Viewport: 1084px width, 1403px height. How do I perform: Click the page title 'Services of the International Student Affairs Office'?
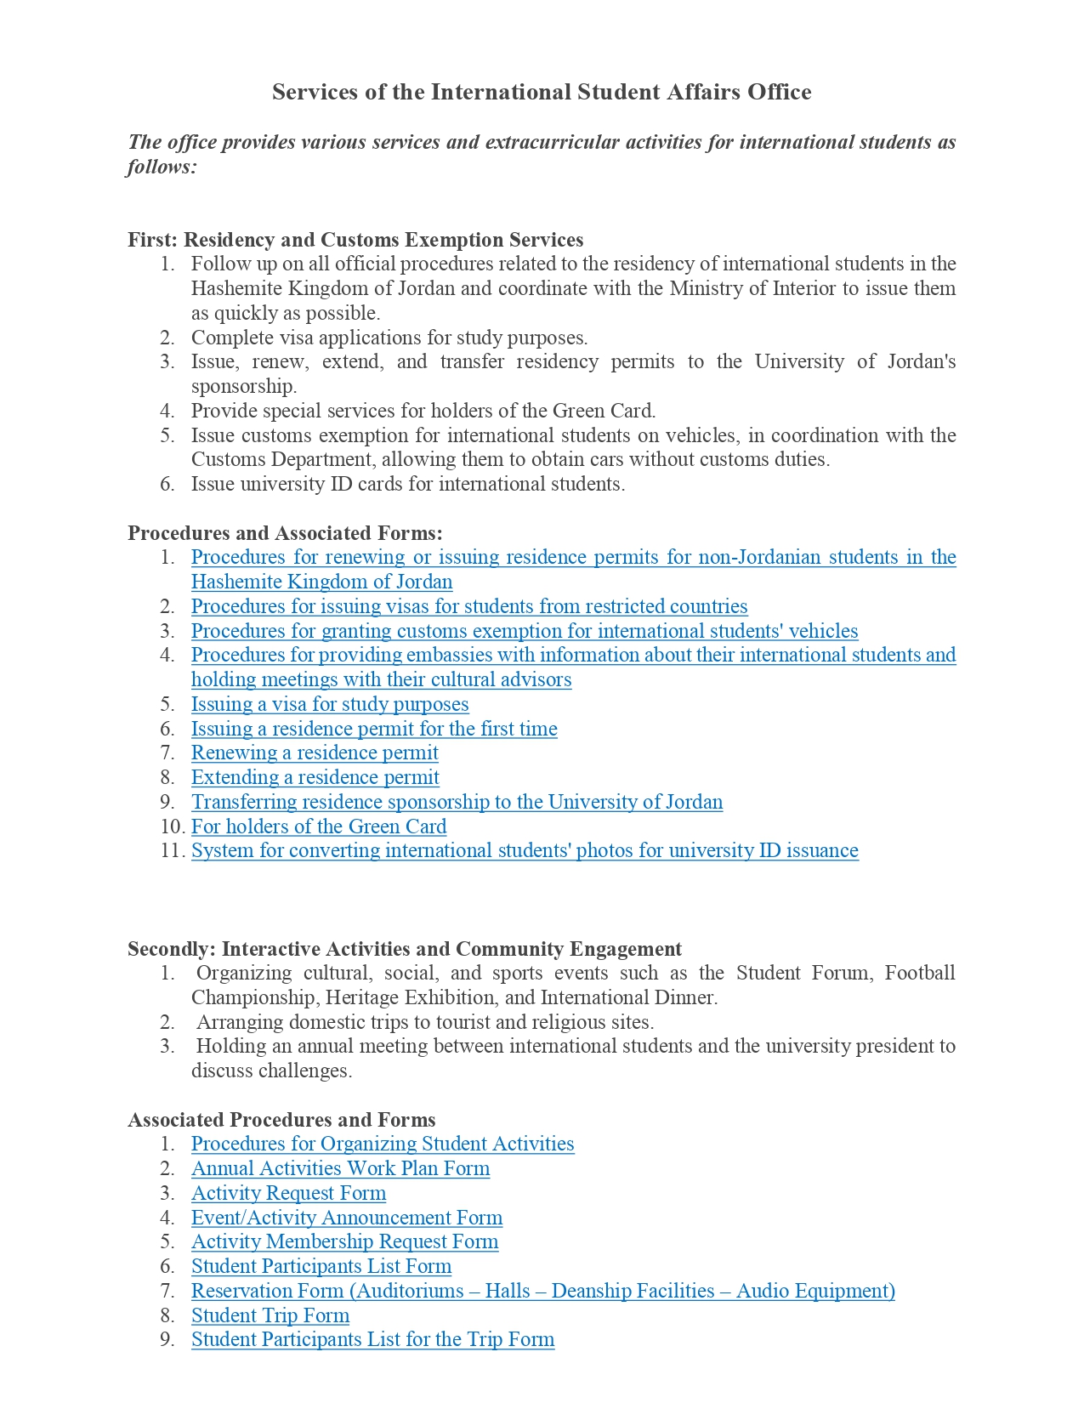(x=542, y=92)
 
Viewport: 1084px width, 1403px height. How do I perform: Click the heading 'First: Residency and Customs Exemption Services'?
(x=355, y=240)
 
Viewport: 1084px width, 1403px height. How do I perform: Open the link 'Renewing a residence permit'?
(x=315, y=753)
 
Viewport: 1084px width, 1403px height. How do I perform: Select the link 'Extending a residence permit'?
(x=315, y=777)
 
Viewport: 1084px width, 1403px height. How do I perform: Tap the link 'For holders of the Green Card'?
(x=319, y=826)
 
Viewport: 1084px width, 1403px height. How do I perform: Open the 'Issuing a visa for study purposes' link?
(x=330, y=704)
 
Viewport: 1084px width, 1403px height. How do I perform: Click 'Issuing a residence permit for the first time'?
(x=374, y=729)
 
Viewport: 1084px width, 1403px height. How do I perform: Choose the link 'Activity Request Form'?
(x=288, y=1193)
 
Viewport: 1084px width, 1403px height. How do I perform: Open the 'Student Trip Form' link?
(x=270, y=1315)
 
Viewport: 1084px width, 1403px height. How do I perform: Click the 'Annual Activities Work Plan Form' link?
(x=340, y=1168)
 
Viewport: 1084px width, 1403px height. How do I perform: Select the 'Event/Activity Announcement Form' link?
(x=347, y=1218)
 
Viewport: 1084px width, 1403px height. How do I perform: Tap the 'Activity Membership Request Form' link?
(x=344, y=1241)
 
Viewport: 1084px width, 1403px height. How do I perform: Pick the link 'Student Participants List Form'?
(x=321, y=1266)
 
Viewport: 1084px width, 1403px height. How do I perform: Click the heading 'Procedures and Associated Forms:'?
(x=285, y=533)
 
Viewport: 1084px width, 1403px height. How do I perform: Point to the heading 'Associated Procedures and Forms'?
(x=281, y=1120)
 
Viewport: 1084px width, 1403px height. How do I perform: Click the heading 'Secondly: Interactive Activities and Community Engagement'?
(x=405, y=949)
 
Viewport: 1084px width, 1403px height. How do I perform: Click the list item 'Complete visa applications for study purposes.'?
(x=389, y=338)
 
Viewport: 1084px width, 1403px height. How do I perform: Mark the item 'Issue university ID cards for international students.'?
(x=408, y=484)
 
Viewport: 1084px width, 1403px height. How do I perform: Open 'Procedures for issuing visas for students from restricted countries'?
(x=469, y=606)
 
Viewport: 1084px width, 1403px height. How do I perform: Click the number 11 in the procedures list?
(x=171, y=850)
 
